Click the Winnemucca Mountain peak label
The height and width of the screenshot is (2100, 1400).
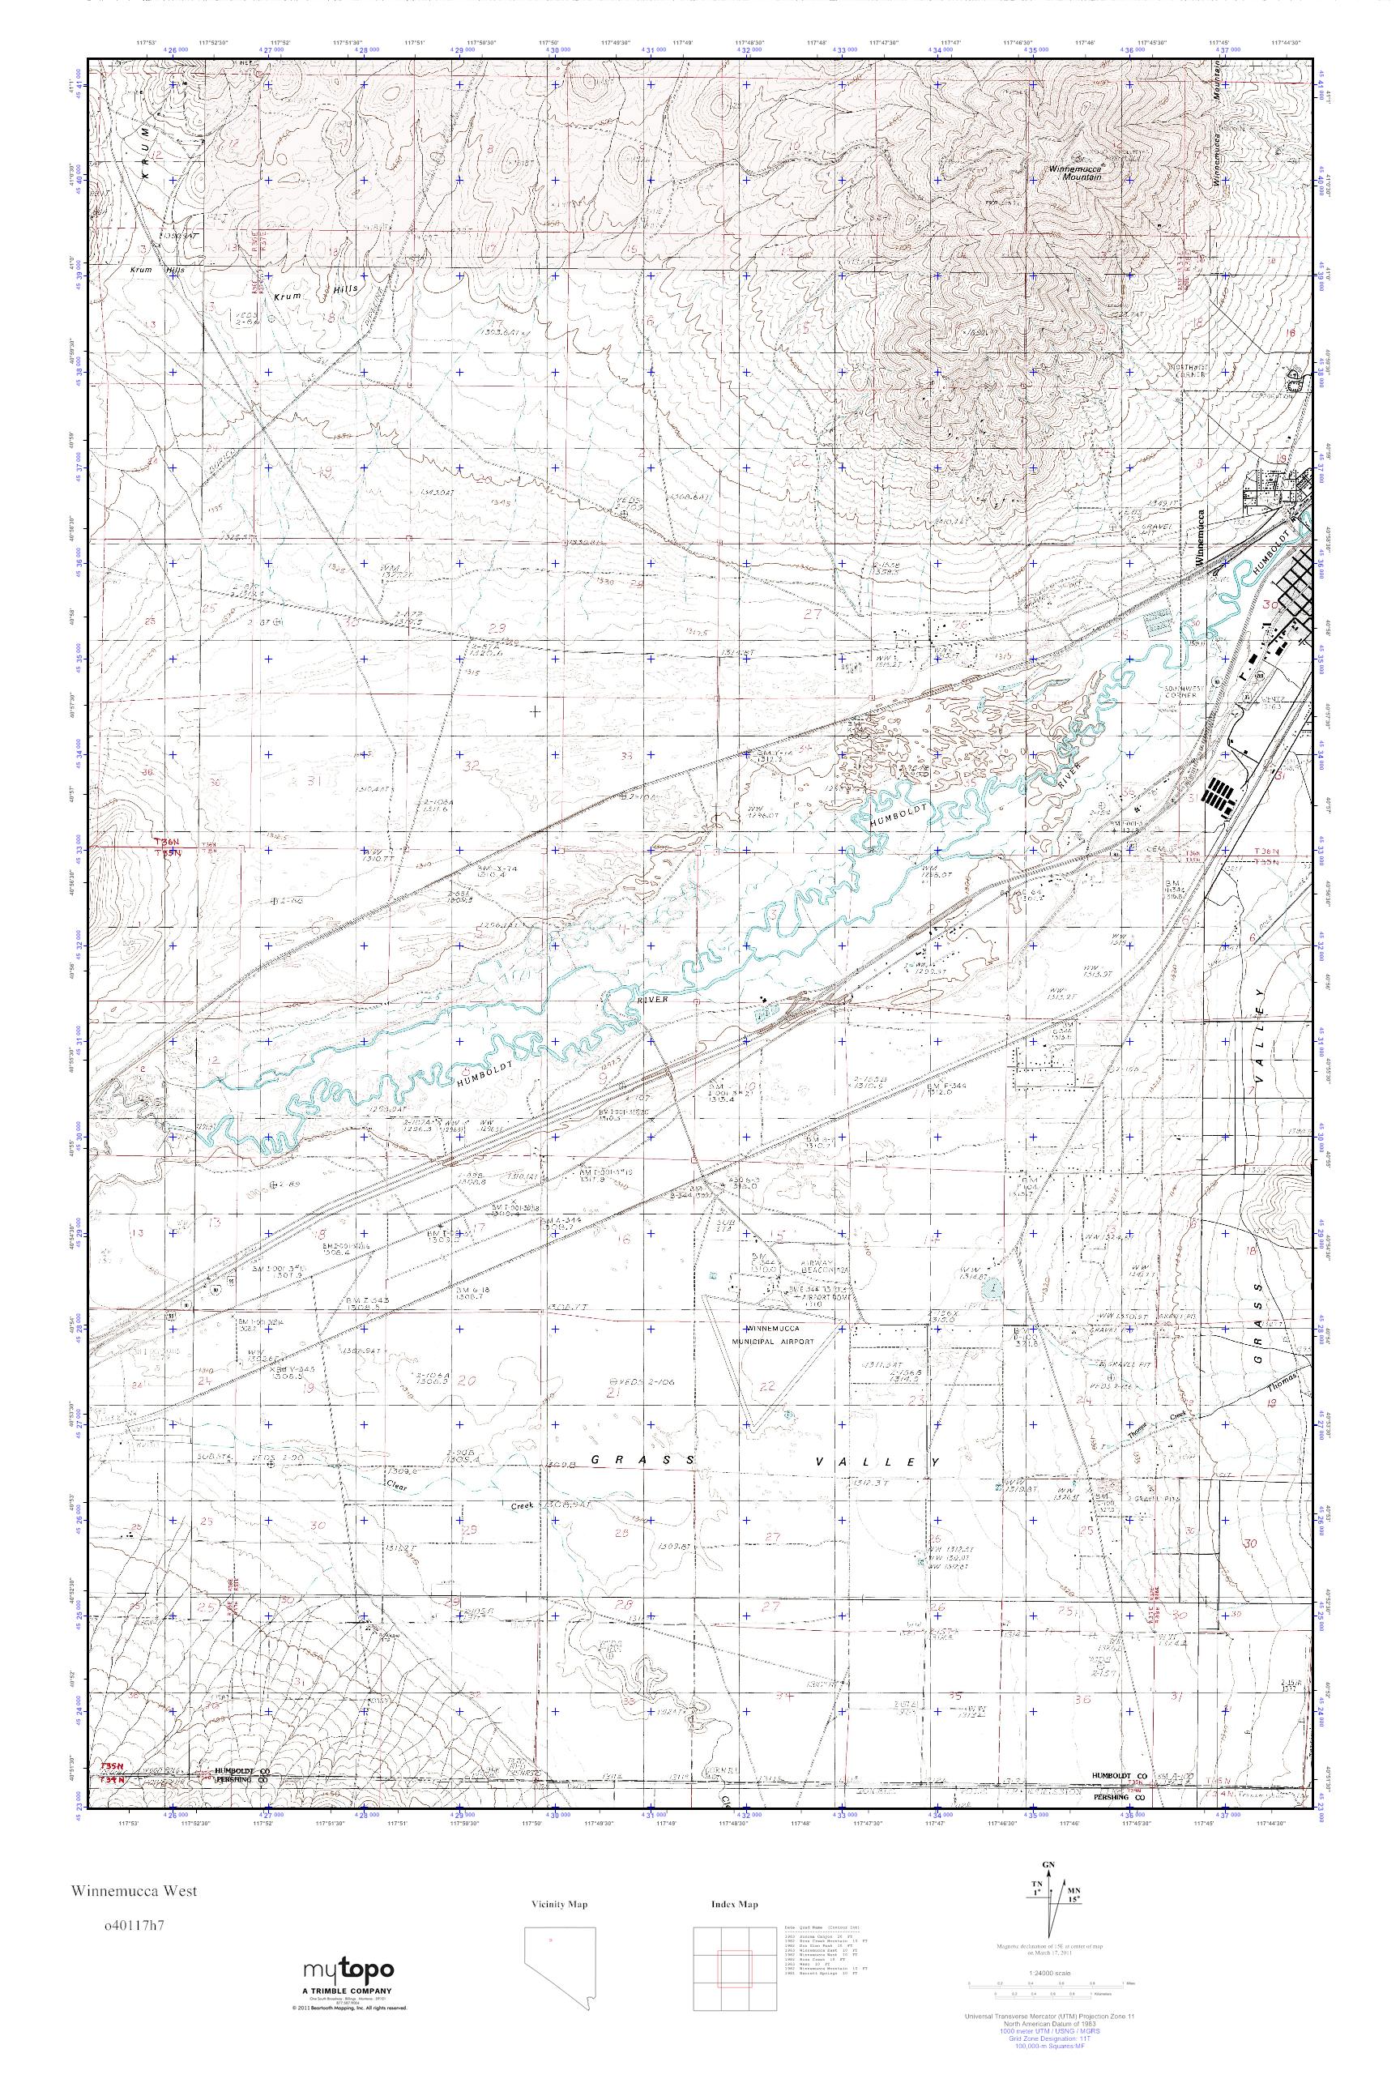pos(1075,173)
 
